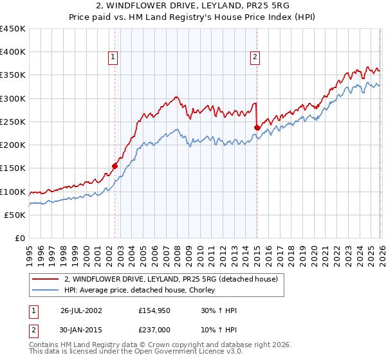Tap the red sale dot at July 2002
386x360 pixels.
coord(115,166)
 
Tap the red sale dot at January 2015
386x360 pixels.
coord(257,127)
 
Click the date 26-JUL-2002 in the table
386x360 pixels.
coord(81,310)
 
